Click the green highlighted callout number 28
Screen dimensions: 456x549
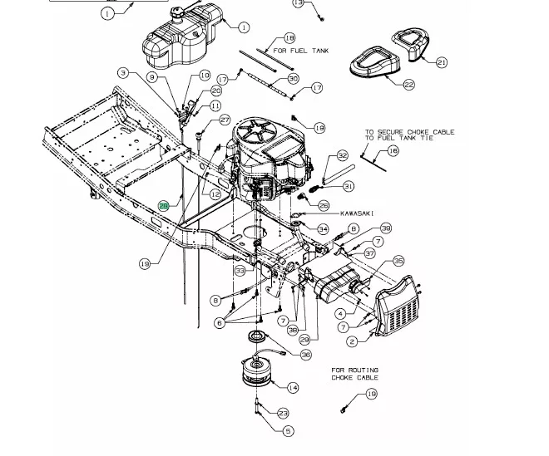[x=164, y=206]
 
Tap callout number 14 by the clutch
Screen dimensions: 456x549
[x=292, y=388]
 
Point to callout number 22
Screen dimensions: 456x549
[x=409, y=85]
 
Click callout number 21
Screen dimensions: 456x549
[x=442, y=62]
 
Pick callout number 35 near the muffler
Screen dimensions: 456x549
[x=398, y=261]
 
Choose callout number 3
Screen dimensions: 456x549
[x=123, y=73]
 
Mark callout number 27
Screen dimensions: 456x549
[x=225, y=120]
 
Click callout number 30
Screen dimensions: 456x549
[x=293, y=79]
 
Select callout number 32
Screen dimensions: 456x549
[x=342, y=156]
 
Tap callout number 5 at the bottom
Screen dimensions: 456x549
[x=288, y=431]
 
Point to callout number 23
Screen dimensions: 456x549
[x=284, y=413]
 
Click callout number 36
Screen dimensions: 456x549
[x=306, y=355]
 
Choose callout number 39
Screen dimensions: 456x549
[x=385, y=228]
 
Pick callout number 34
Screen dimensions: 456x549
[x=323, y=229]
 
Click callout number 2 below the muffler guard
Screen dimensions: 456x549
[x=353, y=341]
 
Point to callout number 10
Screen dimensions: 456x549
[x=205, y=76]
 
